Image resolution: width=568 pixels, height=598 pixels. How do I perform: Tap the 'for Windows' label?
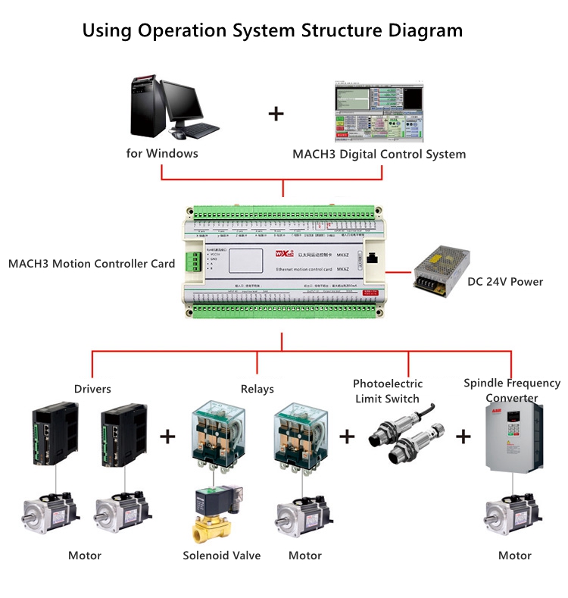click(162, 153)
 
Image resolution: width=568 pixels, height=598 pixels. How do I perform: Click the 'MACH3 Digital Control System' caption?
click(379, 154)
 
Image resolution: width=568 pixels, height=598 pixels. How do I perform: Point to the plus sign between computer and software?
click(276, 114)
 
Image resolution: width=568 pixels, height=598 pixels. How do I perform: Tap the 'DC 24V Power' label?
click(505, 282)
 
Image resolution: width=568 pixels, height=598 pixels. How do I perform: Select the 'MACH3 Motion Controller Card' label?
click(92, 264)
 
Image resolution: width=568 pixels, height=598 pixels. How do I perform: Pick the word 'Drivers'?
click(92, 389)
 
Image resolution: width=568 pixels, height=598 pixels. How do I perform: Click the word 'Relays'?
click(257, 389)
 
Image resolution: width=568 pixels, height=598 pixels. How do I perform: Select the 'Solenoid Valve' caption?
click(222, 556)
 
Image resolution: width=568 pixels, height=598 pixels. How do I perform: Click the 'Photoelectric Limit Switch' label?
click(388, 391)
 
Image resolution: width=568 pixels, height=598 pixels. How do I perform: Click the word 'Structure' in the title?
click(342, 31)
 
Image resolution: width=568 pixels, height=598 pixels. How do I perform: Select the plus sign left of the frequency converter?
click(463, 437)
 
